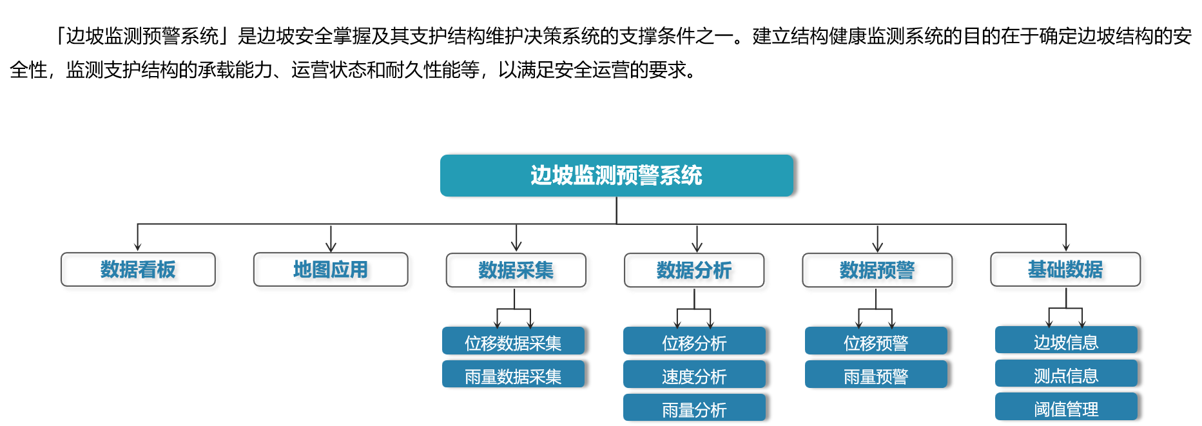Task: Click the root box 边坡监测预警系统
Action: [616, 175]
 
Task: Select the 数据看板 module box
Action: [141, 271]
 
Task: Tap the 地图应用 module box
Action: [333, 271]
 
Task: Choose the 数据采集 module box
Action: [518, 272]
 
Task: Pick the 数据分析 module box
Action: [697, 272]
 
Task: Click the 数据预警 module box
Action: [879, 272]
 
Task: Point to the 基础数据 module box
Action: [1068, 271]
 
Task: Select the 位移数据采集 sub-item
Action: [513, 341]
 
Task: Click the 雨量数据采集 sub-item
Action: [513, 374]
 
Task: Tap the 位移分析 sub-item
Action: [694, 341]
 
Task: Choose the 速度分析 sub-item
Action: [694, 374]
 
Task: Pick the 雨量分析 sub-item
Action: [694, 408]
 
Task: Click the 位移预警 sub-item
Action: [876, 341]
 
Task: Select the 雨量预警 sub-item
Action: [876, 374]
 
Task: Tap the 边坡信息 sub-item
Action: [1066, 340]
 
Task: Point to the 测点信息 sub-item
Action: [1066, 374]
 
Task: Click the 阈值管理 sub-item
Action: [1066, 407]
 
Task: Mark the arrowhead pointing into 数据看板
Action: [137, 247]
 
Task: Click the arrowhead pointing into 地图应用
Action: [331, 247]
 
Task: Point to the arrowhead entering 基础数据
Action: [1067, 246]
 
